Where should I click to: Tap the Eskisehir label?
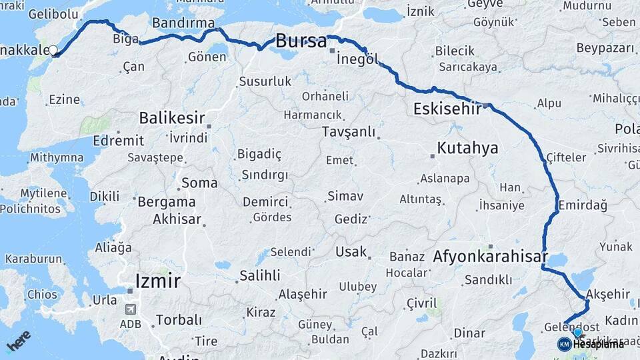(x=447, y=109)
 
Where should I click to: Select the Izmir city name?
(x=157, y=281)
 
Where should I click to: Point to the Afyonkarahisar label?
(x=490, y=257)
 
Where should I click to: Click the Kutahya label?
(x=467, y=148)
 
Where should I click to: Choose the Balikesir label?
(x=171, y=118)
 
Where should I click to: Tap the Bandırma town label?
(x=184, y=23)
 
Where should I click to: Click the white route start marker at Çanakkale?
(x=53, y=50)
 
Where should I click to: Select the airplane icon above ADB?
(x=130, y=310)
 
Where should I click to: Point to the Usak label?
(x=351, y=252)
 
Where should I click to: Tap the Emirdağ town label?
(x=583, y=205)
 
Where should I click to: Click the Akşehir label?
(x=607, y=294)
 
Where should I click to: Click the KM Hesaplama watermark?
(x=591, y=344)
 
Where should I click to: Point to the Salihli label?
(x=260, y=275)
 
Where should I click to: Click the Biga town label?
(x=125, y=38)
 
